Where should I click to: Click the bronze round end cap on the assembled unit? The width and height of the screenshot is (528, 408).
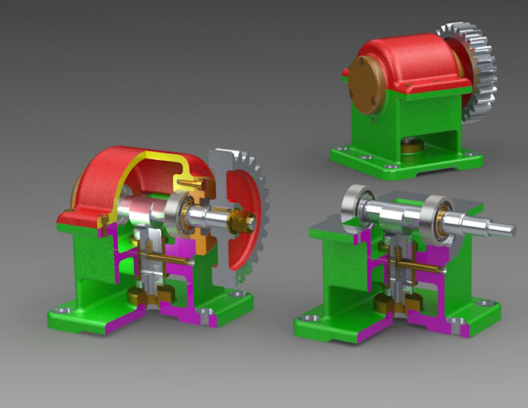point(364,86)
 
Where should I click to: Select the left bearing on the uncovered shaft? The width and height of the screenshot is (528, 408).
point(358,205)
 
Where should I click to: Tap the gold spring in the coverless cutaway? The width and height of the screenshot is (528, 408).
point(394,257)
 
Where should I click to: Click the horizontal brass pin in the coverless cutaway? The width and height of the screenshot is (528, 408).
point(423,267)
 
